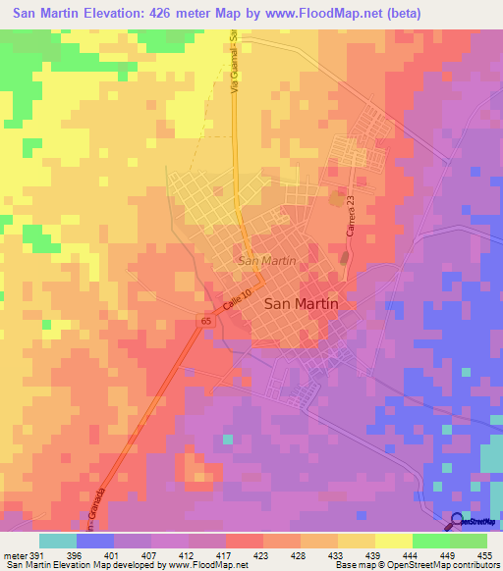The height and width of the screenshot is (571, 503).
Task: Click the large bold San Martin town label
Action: [x=302, y=304]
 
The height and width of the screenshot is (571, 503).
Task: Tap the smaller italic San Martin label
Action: [x=266, y=261]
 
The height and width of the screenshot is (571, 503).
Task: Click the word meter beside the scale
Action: [x=14, y=554]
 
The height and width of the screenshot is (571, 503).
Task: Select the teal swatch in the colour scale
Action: [x=58, y=541]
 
